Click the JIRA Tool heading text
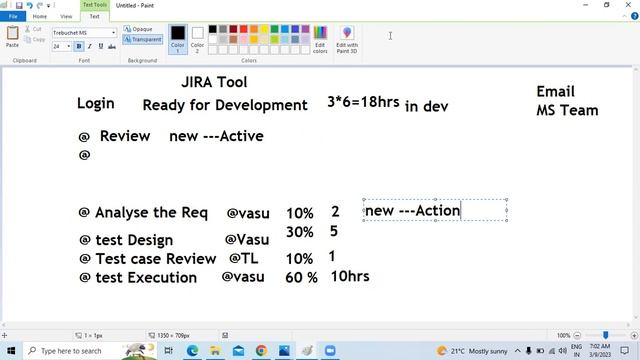point(214,82)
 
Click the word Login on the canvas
point(96,103)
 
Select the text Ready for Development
point(225,105)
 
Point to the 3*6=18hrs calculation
point(363,102)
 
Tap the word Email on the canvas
point(555,92)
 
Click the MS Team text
point(567,110)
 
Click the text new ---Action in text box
point(412,210)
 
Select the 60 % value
point(301,277)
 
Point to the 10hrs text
point(349,276)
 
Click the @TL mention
point(244,258)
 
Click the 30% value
point(299,232)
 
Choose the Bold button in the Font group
point(79,46)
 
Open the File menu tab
point(13,16)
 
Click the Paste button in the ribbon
point(12,37)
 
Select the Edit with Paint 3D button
point(347,39)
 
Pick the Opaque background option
point(141,29)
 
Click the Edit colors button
point(320,39)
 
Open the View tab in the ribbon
point(66,16)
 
